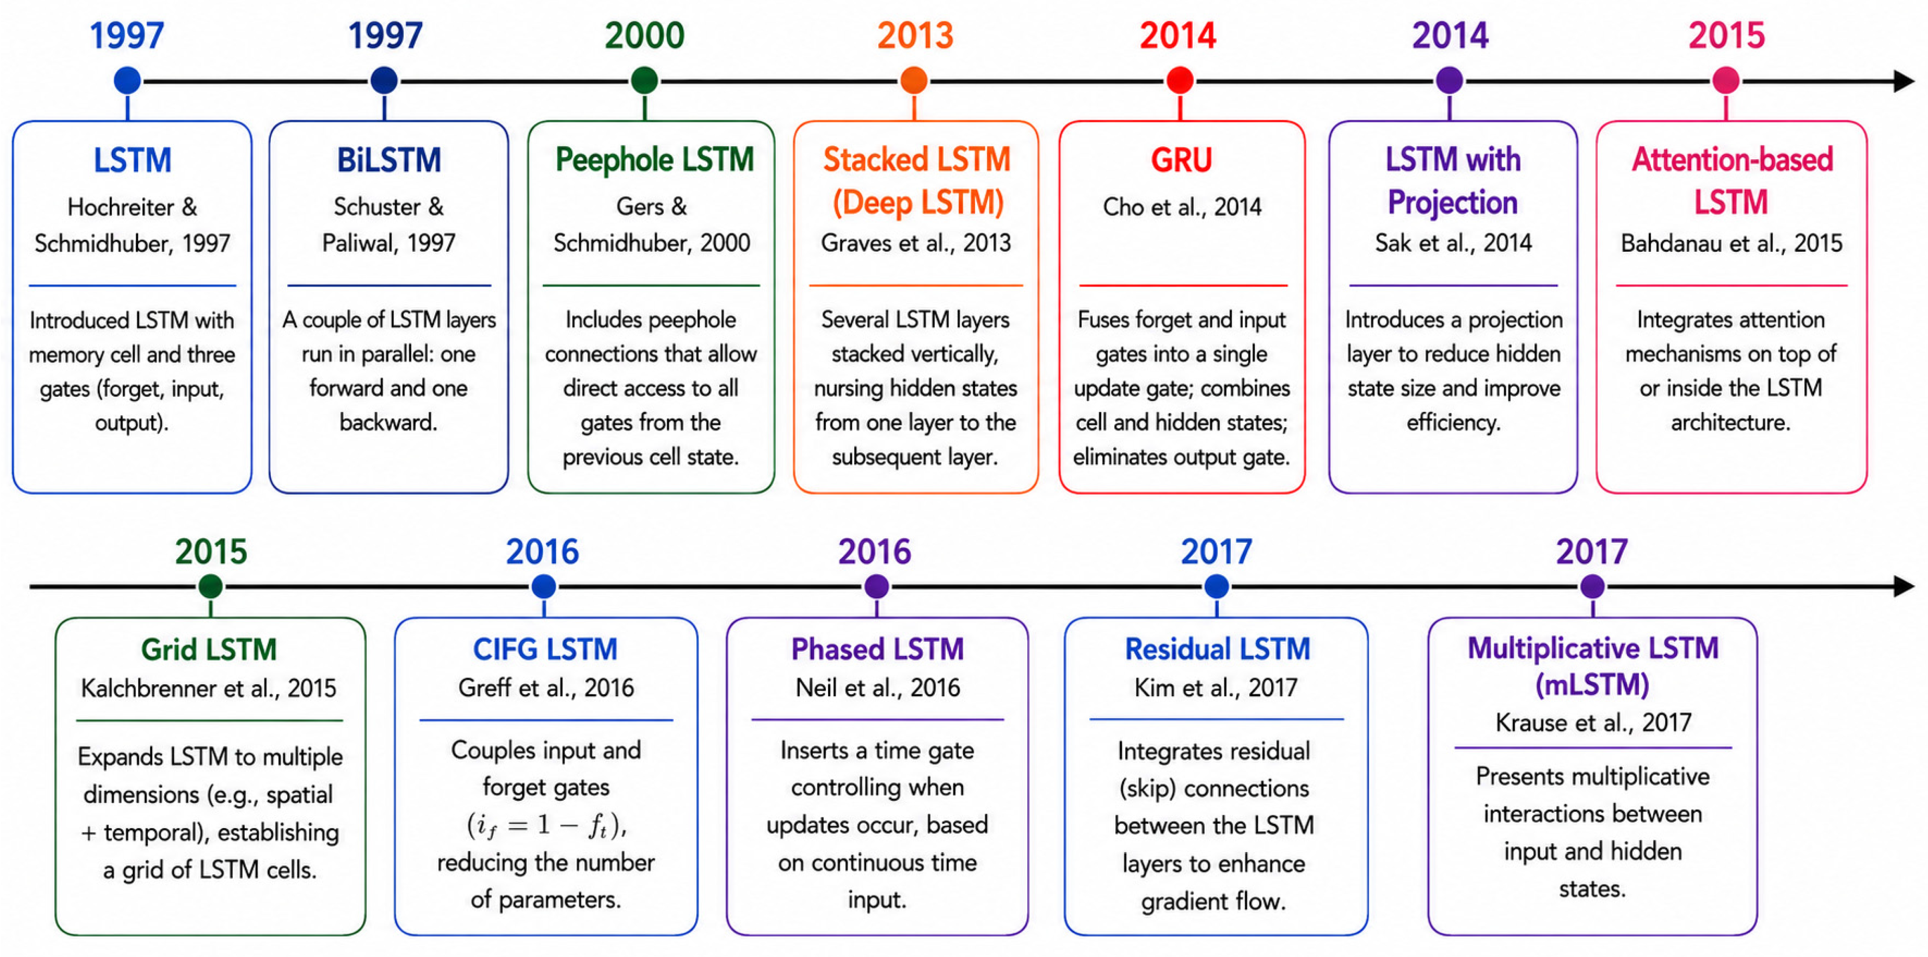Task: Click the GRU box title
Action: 1181,160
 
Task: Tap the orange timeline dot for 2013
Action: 914,80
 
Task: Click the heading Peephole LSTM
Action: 654,160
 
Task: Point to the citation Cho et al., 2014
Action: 1182,207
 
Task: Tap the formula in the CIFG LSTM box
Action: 546,825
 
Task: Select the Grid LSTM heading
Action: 209,649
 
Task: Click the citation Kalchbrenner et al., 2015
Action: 209,687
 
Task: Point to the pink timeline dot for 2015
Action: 1726,80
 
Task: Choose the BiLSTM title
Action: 389,160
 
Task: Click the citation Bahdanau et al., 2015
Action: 1731,243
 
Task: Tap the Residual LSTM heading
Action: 1218,649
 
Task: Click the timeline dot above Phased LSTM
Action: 876,587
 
